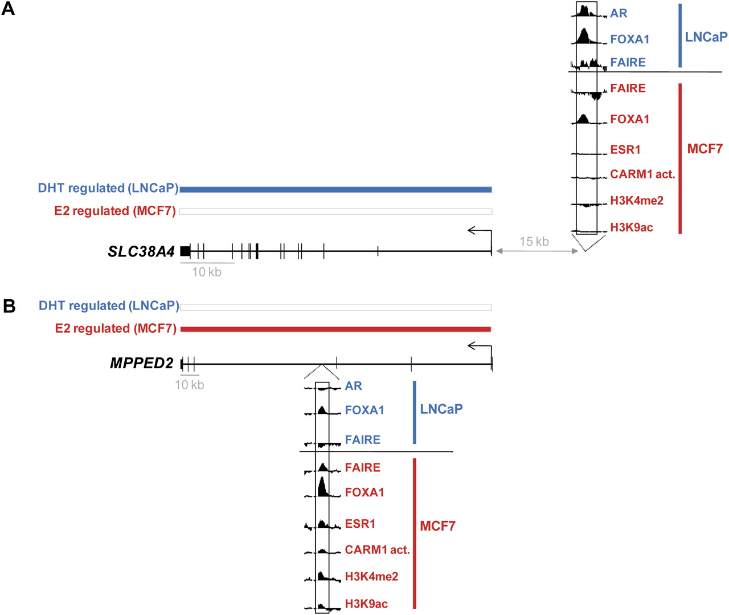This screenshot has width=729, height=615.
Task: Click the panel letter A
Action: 8,9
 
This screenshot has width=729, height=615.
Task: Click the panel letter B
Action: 9,306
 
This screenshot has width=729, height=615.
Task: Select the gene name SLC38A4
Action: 141,251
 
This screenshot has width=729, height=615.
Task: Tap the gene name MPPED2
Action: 142,363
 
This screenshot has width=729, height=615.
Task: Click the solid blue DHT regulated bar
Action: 335,190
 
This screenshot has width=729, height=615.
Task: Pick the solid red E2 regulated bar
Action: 335,329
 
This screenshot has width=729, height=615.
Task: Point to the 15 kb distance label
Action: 534,242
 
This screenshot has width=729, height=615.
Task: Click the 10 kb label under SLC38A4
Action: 207,272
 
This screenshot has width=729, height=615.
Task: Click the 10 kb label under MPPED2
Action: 189,385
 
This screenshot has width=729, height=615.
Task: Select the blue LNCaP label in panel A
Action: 706,36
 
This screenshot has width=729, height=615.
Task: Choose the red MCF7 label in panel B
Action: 437,526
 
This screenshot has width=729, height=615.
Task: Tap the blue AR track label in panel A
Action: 619,13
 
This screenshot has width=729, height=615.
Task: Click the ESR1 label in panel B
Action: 360,524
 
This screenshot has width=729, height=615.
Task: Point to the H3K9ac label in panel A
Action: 631,227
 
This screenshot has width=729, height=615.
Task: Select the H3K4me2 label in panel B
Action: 371,576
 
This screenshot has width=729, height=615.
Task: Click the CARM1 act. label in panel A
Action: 642,174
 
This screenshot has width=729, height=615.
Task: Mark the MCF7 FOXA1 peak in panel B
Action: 322,487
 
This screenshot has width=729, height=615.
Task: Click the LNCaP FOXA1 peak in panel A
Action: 583,36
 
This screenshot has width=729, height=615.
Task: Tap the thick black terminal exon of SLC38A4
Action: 186,251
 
